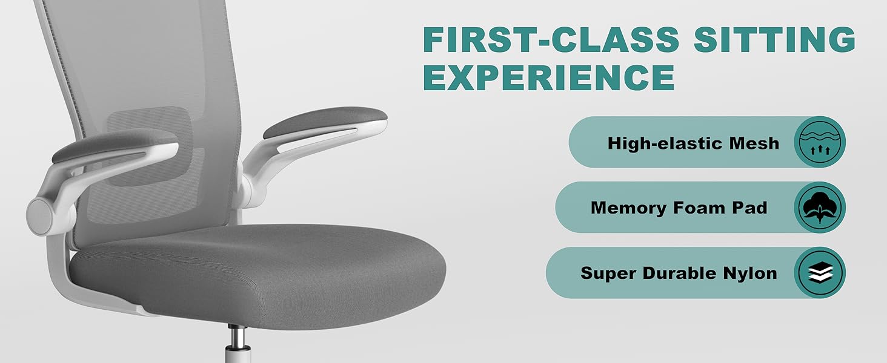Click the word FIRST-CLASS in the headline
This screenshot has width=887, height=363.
[551, 39]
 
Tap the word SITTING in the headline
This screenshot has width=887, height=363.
[775, 39]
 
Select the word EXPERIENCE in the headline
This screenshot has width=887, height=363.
[549, 77]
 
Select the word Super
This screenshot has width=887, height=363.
[608, 273]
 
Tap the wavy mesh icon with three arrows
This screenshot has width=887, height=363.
[820, 142]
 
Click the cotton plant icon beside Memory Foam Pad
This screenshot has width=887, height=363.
[820, 207]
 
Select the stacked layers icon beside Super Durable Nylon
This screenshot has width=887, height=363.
[820, 273]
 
